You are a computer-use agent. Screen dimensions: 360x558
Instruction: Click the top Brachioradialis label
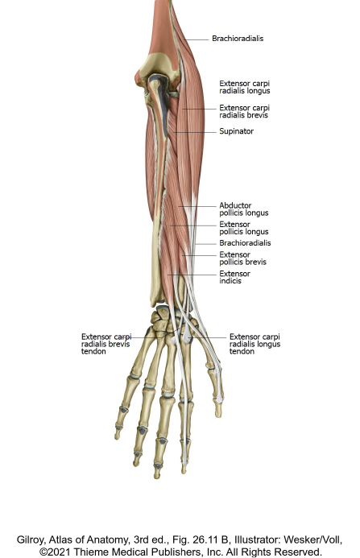coord(238,39)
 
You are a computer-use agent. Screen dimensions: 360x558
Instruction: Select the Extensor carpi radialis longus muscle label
coord(245,87)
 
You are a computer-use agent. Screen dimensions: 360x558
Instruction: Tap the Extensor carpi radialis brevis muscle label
coord(245,111)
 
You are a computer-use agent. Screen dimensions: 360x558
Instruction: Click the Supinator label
coord(237,131)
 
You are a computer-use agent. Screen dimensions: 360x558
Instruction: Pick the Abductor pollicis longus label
coord(244,209)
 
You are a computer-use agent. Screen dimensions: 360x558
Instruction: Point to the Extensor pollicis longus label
coord(244,228)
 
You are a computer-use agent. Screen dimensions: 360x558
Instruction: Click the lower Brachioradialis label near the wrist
coord(245,243)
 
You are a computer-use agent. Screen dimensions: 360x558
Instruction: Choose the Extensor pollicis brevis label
coord(243,258)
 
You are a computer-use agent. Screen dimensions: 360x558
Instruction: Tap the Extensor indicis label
coord(234,277)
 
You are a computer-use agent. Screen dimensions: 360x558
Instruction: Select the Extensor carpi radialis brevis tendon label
coord(106,344)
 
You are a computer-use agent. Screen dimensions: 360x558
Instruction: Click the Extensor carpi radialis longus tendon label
coord(254,344)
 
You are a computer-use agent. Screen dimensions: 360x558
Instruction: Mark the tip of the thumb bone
coord(218,415)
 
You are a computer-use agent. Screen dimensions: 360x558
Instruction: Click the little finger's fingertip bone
coord(117,432)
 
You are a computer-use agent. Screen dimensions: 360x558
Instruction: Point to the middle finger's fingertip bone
coord(157,471)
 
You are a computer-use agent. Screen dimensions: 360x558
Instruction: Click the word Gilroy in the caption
coord(31,540)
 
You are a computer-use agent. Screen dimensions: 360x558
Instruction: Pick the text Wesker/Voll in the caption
coord(313,540)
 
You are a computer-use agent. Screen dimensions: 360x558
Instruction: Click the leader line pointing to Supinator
coord(195,132)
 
